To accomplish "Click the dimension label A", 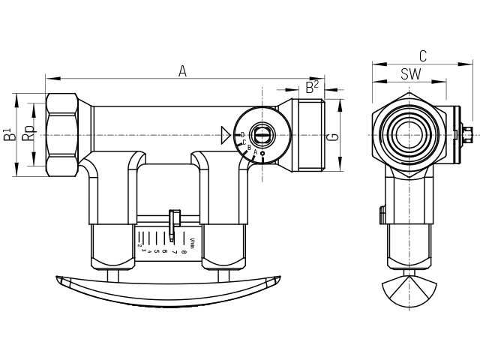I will coord(182,70).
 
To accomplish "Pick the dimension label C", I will coord(423,55).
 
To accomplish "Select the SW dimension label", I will coord(409,73).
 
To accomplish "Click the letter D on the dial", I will coord(242,134).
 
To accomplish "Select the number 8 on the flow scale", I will coord(184,241).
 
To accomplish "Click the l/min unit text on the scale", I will coord(193,241).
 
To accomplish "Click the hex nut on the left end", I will coord(61,135).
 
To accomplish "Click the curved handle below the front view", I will coord(168,291).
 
